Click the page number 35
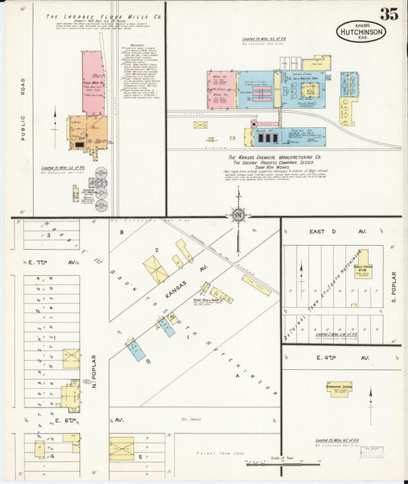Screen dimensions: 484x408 [x=388, y=13]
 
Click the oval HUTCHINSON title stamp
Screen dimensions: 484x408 [x=362, y=31]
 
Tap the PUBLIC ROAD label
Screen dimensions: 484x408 [x=23, y=122]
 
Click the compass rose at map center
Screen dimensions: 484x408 [x=238, y=215]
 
